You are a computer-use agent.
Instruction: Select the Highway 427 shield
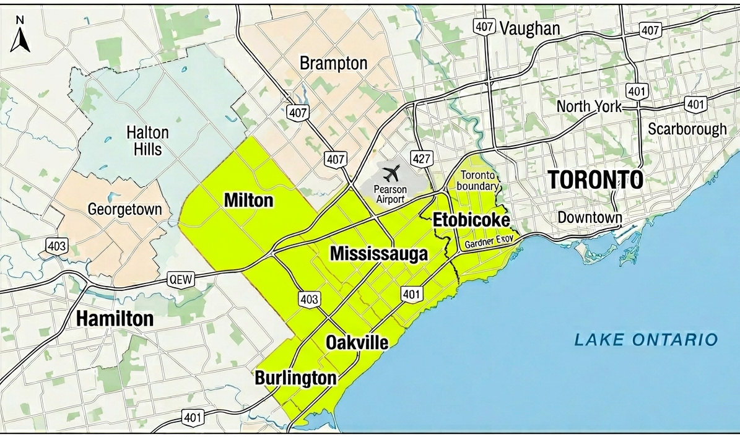[x=421, y=159]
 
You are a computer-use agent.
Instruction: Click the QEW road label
[x=181, y=280]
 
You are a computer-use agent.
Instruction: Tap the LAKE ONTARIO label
[x=646, y=339]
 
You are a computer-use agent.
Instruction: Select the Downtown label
[x=590, y=218]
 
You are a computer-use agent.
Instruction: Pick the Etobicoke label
[x=471, y=220]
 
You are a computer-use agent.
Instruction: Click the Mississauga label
[x=378, y=254]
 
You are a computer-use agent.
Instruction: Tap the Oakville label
[x=357, y=342]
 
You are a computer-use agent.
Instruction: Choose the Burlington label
[x=295, y=378]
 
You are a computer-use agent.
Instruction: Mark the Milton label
[x=248, y=201]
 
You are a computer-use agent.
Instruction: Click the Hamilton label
[x=115, y=319]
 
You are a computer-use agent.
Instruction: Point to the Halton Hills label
[x=147, y=141]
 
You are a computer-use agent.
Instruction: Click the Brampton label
[x=333, y=63]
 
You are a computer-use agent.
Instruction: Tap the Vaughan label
[x=529, y=28]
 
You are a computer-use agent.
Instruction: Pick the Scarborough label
[x=687, y=129]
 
